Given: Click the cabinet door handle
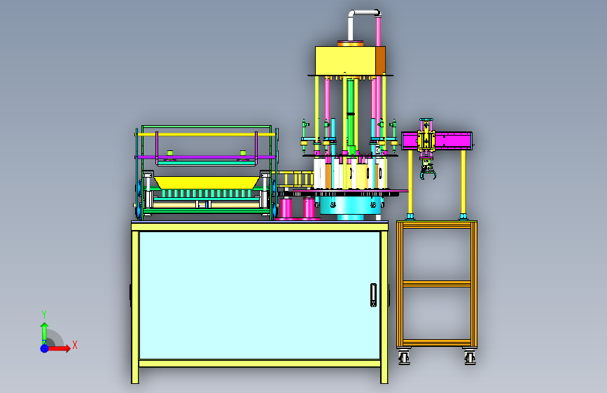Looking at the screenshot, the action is [373, 295].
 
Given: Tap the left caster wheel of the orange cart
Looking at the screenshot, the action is [404, 357].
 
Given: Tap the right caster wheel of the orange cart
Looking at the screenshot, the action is [470, 357].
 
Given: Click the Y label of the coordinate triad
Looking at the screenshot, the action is [44, 315].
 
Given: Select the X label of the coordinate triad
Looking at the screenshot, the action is [75, 345].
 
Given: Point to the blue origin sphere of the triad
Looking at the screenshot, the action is [45, 348].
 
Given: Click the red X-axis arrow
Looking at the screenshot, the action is [58, 348].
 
